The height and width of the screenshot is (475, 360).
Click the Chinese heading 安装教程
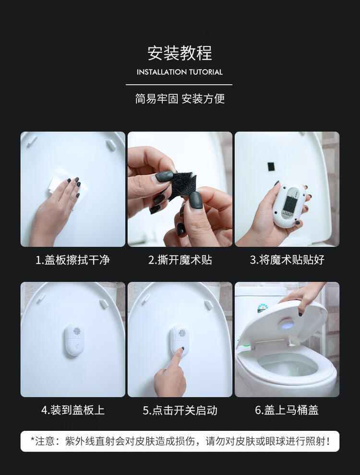point(180,53)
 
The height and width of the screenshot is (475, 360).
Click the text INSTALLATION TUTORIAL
point(180,72)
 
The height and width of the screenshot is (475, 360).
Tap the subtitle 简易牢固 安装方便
point(180,98)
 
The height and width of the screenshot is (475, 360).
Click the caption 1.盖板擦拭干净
point(73,260)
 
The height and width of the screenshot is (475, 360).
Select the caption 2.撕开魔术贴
point(180,260)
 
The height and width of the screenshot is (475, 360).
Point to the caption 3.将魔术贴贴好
point(287,260)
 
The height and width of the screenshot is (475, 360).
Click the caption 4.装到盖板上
point(73,410)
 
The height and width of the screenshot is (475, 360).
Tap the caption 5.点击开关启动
point(180,410)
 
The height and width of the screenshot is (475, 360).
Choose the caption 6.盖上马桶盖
point(287,410)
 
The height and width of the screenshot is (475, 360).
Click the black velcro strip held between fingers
point(182,185)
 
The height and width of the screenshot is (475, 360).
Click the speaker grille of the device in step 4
point(77,331)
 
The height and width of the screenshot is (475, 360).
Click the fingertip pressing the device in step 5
point(181,350)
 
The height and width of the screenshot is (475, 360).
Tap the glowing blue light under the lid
point(287,326)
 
